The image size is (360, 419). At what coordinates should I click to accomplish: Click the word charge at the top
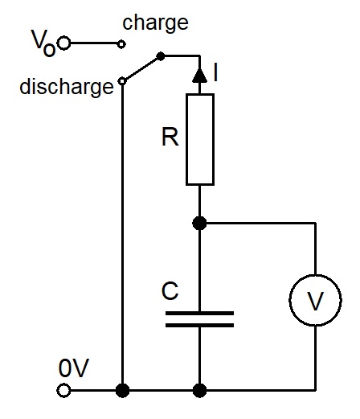click(155, 23)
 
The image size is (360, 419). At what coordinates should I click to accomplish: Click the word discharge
click(67, 87)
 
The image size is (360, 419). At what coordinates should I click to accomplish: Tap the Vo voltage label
click(43, 43)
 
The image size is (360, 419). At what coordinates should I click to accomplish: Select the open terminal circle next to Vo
click(64, 43)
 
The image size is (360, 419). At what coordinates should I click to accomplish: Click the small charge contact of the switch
click(121, 43)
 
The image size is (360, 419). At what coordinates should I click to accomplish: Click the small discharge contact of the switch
click(122, 81)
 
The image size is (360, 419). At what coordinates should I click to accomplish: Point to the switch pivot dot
click(161, 56)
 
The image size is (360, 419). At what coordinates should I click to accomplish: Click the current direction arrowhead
click(199, 75)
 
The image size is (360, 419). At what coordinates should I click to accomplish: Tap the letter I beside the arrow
click(215, 72)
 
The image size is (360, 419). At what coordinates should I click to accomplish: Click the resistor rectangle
click(200, 139)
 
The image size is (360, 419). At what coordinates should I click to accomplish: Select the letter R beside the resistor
click(170, 137)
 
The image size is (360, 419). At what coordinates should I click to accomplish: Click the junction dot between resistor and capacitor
click(199, 223)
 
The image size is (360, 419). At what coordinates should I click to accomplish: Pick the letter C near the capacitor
click(170, 291)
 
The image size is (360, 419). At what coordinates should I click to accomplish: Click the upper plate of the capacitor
click(199, 313)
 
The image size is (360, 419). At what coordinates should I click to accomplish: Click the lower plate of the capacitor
click(199, 326)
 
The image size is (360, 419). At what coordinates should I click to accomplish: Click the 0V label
click(74, 368)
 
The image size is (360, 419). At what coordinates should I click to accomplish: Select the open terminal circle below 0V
click(63, 390)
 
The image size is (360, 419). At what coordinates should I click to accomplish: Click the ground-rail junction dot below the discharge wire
click(122, 390)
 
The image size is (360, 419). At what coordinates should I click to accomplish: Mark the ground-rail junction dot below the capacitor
click(199, 390)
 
